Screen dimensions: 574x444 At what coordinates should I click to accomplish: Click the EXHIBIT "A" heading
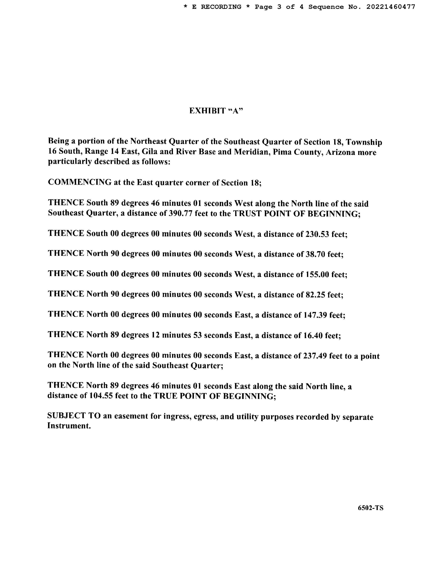[x=216, y=111]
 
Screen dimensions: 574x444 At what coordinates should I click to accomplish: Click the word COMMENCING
[x=80, y=182]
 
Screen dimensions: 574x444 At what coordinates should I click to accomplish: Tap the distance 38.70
[x=315, y=254]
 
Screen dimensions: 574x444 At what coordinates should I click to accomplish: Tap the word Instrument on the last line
[x=69, y=426]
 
